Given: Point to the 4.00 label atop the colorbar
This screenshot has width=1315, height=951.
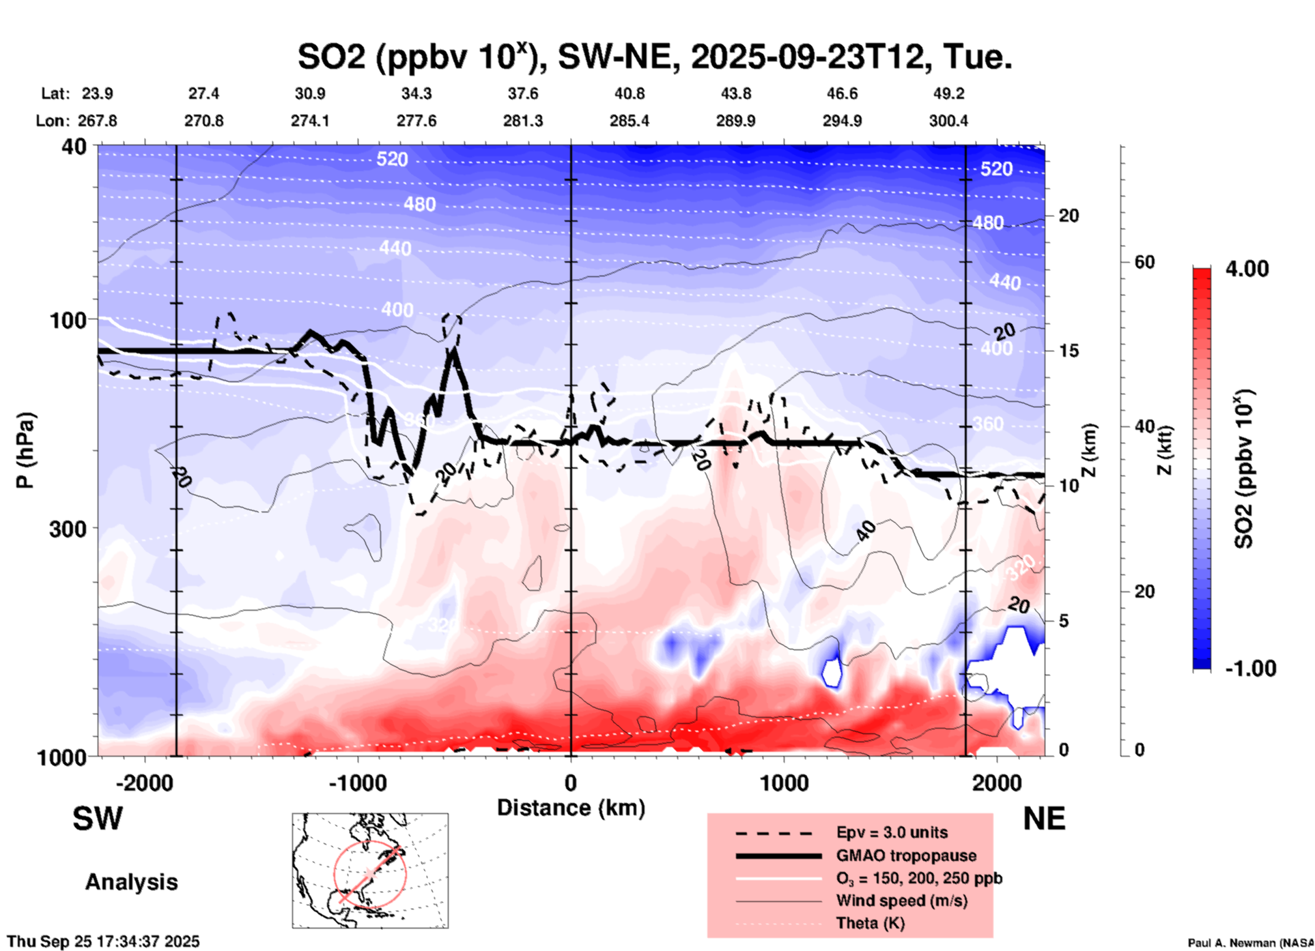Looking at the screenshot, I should [x=1247, y=269].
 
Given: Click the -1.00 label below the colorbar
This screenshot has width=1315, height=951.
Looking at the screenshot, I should [x=1250, y=669].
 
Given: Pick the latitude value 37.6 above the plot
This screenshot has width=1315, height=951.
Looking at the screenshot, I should [x=523, y=93].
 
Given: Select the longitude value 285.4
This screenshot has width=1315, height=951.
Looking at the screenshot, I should [x=629, y=121].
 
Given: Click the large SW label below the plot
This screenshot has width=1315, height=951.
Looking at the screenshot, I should [x=98, y=819].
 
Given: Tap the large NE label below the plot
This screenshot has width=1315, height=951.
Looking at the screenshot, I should [x=1044, y=819].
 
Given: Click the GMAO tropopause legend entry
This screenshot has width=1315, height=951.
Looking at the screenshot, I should [x=906, y=855].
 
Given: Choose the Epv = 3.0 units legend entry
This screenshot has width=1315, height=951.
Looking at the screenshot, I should [x=892, y=833].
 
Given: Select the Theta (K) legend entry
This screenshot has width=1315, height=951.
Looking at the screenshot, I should [x=870, y=924].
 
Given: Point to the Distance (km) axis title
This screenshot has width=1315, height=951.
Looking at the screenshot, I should [x=571, y=808].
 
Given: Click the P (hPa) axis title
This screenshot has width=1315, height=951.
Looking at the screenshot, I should [x=25, y=450].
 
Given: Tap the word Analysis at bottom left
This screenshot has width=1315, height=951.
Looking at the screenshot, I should [x=131, y=882].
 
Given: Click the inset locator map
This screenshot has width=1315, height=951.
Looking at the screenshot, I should [x=370, y=870].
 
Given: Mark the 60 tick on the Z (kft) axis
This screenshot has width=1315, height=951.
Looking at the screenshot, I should [x=1144, y=262].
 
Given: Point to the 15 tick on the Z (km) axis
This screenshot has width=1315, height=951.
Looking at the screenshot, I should [x=1069, y=351].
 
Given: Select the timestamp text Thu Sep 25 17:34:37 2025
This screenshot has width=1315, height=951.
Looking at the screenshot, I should [x=103, y=941].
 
